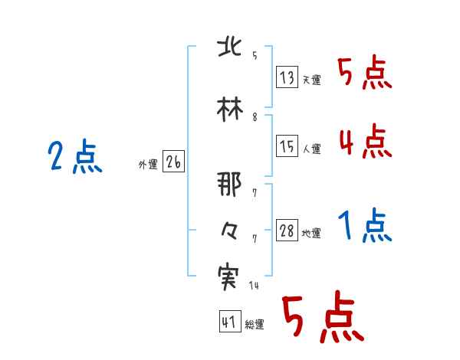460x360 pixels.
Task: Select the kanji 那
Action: tap(230, 185)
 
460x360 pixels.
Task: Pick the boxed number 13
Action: tap(287, 77)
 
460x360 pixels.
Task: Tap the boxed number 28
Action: tap(287, 231)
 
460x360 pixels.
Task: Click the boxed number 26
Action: tap(174, 162)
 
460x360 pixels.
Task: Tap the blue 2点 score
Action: tap(74, 158)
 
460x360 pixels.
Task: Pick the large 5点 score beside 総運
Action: tap(322, 318)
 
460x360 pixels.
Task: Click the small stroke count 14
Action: tap(254, 286)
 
